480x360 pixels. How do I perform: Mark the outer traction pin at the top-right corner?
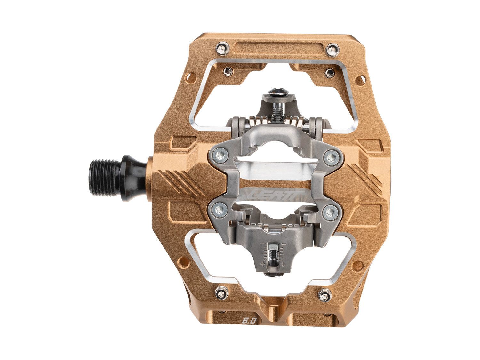[332, 49]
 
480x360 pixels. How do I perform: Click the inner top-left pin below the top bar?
[228, 71]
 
